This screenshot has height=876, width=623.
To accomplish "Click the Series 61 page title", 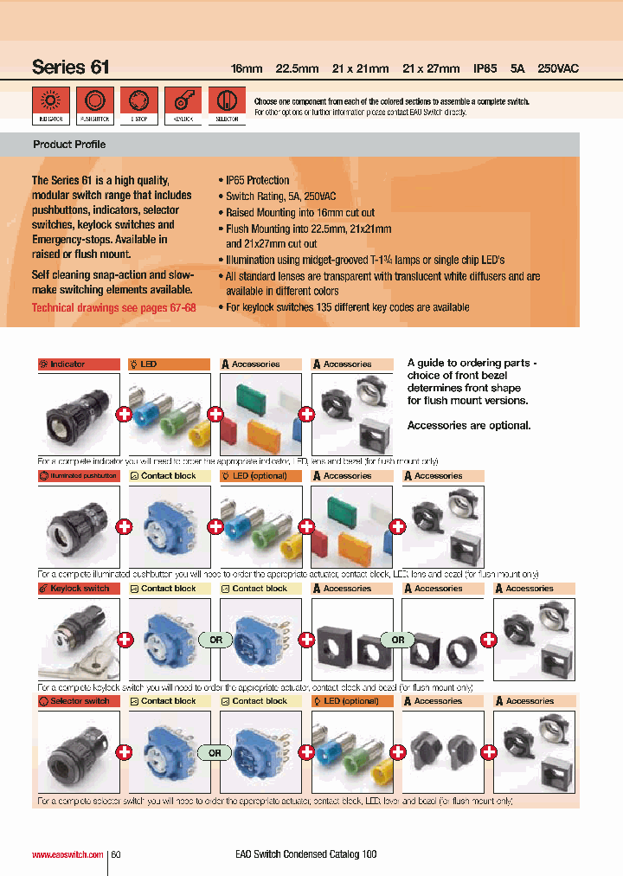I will click(70, 67).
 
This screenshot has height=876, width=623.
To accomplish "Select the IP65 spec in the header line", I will click(485, 68).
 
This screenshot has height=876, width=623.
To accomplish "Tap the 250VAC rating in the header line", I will click(558, 68).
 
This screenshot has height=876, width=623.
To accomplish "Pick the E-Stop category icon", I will click(138, 101).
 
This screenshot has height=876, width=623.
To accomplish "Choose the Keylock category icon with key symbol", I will click(183, 101).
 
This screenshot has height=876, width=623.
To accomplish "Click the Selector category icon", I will click(227, 101).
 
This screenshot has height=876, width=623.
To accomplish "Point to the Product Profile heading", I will click(69, 145).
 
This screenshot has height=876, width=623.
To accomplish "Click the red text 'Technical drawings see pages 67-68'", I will click(113, 307).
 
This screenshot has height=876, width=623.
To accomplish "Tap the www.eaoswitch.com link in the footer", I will click(67, 854).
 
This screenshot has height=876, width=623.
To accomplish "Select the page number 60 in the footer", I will click(115, 854).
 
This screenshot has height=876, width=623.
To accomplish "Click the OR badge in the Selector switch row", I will click(215, 753).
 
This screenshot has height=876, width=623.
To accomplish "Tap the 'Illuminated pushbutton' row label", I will click(79, 476).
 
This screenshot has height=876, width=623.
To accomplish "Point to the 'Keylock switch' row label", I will click(79, 589).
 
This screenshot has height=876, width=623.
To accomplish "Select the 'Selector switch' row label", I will click(79, 701).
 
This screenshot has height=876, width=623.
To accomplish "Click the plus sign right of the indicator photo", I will click(124, 415).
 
